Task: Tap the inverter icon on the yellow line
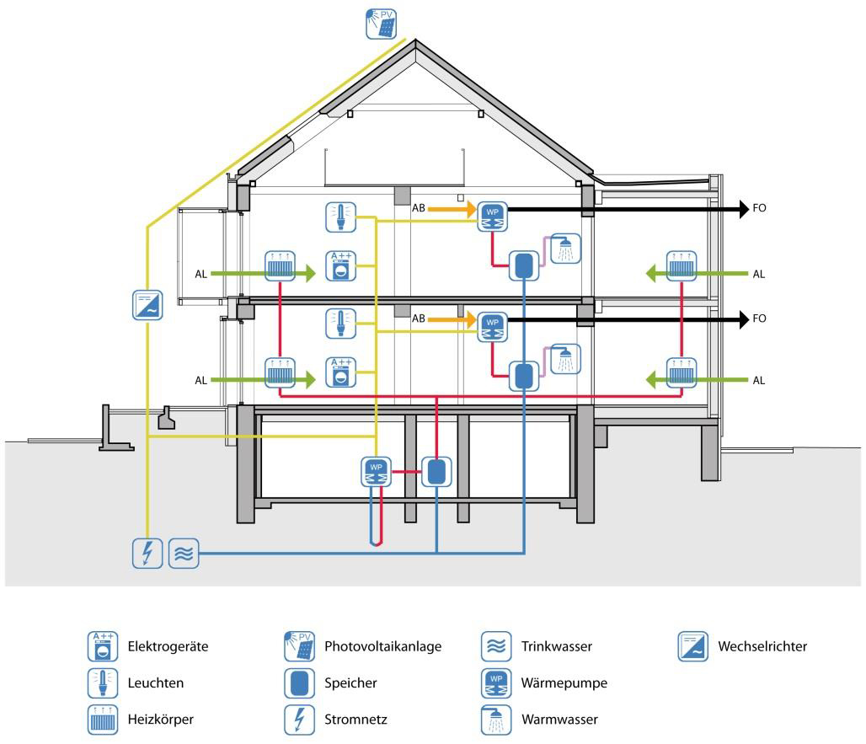coord(147,304)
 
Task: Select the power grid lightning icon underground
coord(147,553)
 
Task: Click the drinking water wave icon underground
coord(184,553)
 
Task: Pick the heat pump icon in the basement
coord(376,472)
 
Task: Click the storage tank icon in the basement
coord(436,472)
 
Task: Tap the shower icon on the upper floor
coord(565,249)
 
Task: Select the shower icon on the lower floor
coord(565,360)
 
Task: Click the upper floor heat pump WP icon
coord(493,216)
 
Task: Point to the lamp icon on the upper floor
coord(340,217)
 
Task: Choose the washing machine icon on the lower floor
coord(340,372)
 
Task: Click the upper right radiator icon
coord(682,265)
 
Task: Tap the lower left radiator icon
coord(279,372)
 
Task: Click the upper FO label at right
coord(759,207)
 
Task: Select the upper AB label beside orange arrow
coord(418,207)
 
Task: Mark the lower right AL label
coord(758,381)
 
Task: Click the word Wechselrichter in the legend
coord(762,647)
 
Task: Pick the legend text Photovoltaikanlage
coord(382,647)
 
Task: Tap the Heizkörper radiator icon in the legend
coord(103,720)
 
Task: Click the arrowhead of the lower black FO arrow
coord(744,319)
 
